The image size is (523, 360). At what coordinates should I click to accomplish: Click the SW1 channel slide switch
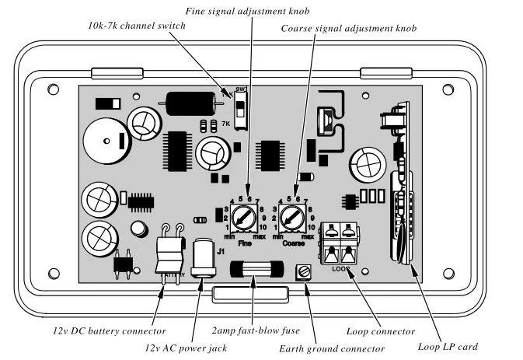tap(241, 110)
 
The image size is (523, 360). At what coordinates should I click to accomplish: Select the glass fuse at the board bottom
tap(256, 271)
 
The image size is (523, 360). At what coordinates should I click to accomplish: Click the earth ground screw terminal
tap(304, 273)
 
